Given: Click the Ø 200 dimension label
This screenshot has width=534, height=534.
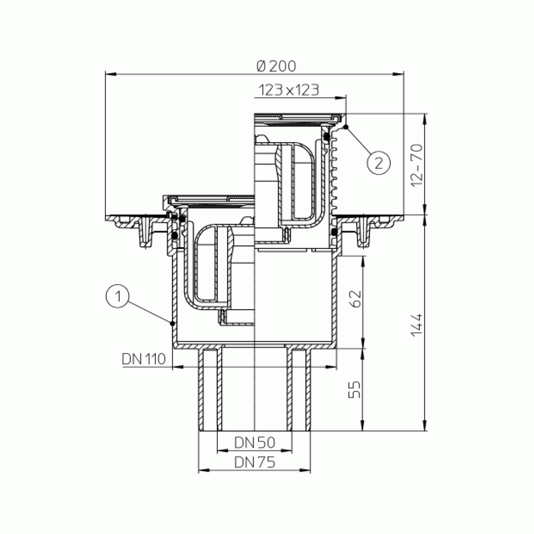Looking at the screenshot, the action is tap(276, 66).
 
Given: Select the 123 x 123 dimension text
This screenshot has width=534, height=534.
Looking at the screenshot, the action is tap(289, 90).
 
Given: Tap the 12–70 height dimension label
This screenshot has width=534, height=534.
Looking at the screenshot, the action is tap(417, 165).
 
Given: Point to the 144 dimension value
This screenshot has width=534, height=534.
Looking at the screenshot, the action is tap(417, 325).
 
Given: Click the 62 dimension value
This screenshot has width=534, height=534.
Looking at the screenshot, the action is tap(355, 299).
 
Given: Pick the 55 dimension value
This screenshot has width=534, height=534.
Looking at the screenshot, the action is tap(355, 389).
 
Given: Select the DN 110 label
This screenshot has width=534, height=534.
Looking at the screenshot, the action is tap(144, 359).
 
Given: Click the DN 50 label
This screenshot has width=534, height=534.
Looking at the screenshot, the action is tap(255, 442).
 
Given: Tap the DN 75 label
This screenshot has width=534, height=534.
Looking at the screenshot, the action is tap(255, 462).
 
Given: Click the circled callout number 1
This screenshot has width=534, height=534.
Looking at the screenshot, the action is tap(117, 296).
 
